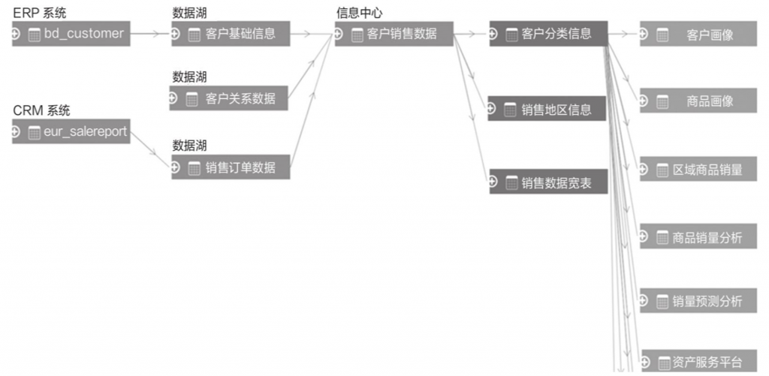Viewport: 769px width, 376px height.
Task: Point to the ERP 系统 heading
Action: (x=39, y=13)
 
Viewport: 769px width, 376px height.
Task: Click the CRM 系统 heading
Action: (x=41, y=111)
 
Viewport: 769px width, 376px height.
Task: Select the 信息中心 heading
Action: (x=360, y=13)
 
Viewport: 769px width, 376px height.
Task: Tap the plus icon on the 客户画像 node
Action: (x=644, y=34)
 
